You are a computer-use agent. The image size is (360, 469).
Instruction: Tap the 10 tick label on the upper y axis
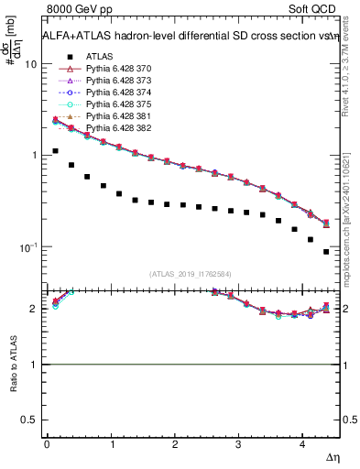coord(29,65)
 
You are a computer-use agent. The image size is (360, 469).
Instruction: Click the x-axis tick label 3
coord(239,444)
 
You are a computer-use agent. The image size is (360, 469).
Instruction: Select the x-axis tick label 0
coord(47,444)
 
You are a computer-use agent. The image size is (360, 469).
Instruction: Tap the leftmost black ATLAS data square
coord(55,151)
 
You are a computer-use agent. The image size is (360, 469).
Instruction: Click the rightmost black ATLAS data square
coord(326,252)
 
